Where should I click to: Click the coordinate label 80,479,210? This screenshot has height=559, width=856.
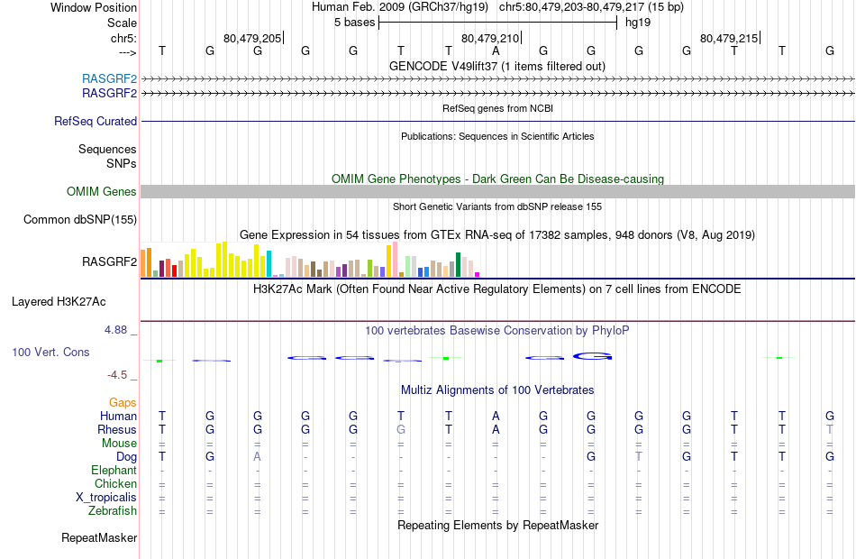490,38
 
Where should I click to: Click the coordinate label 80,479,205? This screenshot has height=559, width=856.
252,38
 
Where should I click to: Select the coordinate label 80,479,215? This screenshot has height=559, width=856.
728,38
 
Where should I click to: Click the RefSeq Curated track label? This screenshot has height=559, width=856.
96,121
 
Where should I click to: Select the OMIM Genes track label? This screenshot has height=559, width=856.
102,191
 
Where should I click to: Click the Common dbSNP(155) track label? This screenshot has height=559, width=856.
80,219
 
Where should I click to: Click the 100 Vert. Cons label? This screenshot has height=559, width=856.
50,352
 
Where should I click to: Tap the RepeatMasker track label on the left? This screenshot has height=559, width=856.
99,538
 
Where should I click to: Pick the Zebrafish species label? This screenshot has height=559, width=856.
113,511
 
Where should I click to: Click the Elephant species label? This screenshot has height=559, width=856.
114,470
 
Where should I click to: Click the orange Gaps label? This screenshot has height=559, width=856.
123,402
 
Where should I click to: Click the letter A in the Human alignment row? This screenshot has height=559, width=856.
496,416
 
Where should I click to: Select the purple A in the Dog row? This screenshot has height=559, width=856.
258,456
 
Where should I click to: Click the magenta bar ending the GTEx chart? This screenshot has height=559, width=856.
478,274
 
